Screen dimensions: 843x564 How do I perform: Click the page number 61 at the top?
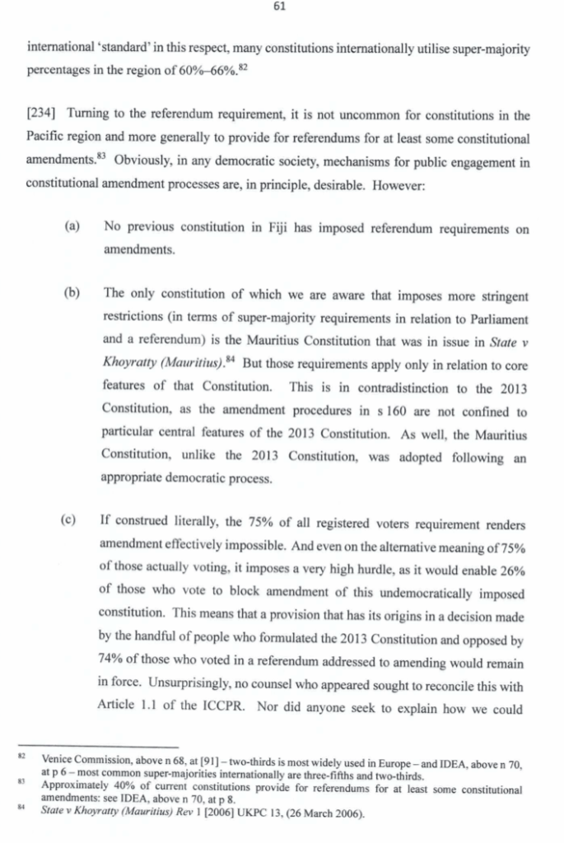click(x=282, y=10)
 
